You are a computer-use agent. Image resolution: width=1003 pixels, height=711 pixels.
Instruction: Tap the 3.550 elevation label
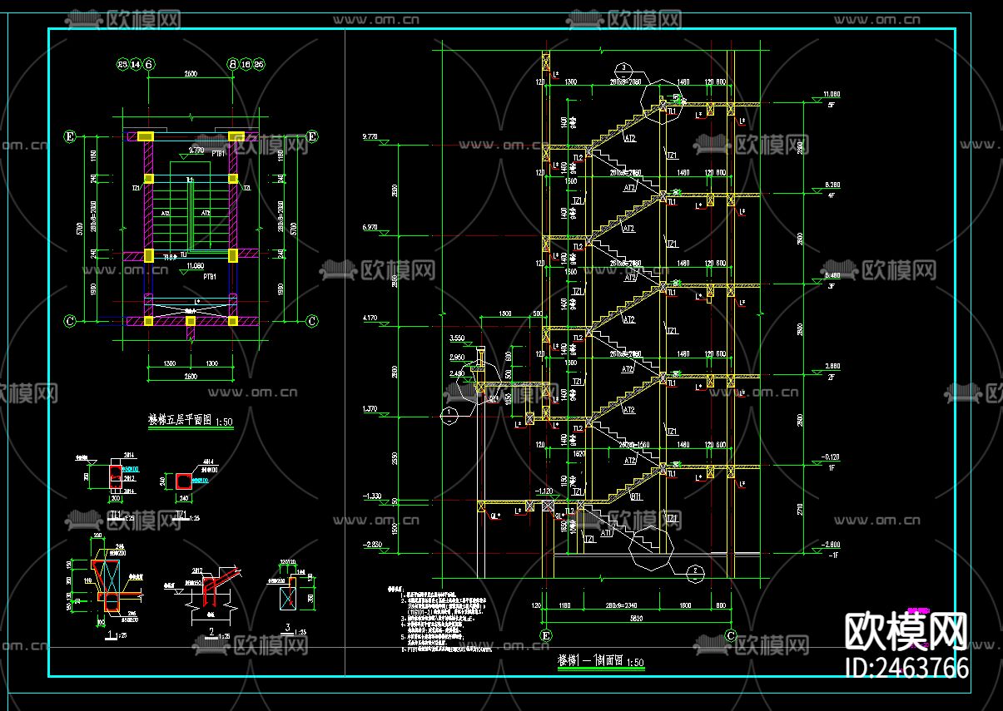(x=457, y=339)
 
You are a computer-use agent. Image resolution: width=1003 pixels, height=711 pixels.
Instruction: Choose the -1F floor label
(x=832, y=555)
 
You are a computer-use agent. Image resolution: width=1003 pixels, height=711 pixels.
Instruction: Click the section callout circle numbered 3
(x=622, y=67)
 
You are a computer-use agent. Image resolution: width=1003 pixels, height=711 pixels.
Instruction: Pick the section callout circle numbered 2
(x=691, y=570)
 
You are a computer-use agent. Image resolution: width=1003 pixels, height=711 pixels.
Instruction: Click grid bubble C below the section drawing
(x=730, y=636)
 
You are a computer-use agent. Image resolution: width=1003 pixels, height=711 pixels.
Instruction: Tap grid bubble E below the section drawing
(x=546, y=636)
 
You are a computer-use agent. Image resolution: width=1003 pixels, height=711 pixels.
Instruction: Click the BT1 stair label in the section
(x=637, y=496)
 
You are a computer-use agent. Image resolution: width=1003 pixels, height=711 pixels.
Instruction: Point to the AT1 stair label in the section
(x=607, y=534)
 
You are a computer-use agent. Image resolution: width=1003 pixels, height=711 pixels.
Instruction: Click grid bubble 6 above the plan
(x=149, y=64)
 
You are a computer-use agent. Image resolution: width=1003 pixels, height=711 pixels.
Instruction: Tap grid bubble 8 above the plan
(x=232, y=64)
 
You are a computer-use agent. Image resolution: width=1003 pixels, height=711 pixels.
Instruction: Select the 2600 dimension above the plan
(x=190, y=74)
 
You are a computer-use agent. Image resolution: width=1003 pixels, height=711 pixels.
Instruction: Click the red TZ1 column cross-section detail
(x=181, y=481)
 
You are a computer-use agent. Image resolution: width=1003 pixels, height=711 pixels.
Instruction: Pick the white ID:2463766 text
(x=906, y=667)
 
